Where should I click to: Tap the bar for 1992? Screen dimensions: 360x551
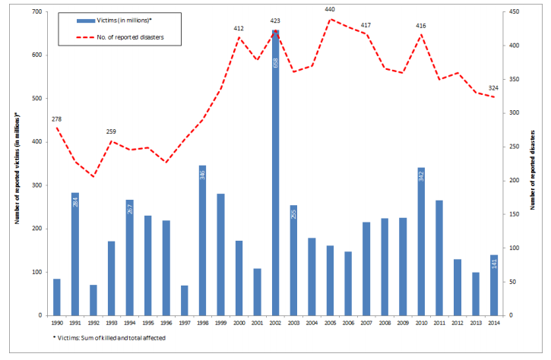[x=93, y=300]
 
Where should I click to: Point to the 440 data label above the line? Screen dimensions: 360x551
[x=330, y=9]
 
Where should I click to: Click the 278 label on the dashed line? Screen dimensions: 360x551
[x=57, y=118]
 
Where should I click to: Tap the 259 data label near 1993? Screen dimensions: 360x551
[x=112, y=131]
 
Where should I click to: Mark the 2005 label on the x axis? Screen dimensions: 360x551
[x=330, y=322]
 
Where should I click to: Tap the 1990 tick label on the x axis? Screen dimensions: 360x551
[x=57, y=322]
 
